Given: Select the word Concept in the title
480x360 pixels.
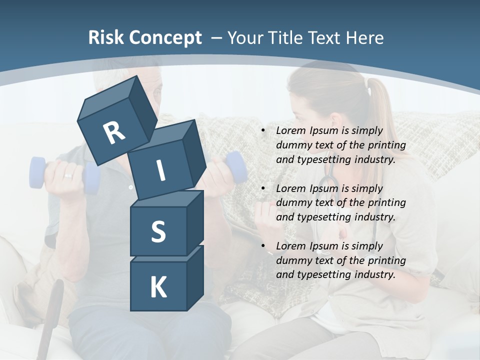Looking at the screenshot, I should pyautogui.click(x=166, y=38).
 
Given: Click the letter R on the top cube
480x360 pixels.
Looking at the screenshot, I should pyautogui.click(x=114, y=133).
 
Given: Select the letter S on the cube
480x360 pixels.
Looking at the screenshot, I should pyautogui.click(x=158, y=231).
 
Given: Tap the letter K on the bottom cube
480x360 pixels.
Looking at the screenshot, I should pyautogui.click(x=158, y=287).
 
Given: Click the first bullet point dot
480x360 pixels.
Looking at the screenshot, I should pyautogui.click(x=263, y=131).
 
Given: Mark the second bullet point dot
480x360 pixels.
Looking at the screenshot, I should pyautogui.click(x=263, y=188).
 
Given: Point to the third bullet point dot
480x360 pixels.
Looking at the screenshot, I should pyautogui.click(x=263, y=246).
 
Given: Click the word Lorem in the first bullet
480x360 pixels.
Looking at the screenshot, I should pyautogui.click(x=289, y=131).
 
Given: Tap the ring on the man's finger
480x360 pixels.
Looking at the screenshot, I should pyautogui.click(x=67, y=176).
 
